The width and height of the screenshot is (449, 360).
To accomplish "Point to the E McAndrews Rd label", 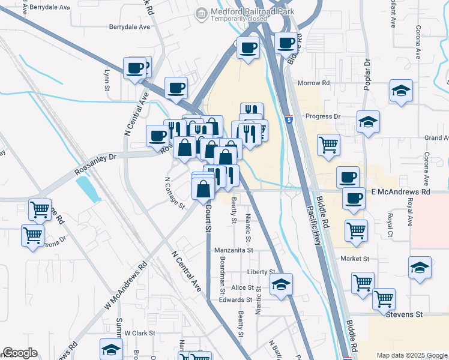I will pos(401,191).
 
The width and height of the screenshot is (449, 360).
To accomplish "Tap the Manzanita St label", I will pos(234,249).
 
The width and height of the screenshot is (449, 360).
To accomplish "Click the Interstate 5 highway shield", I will pos(289,121).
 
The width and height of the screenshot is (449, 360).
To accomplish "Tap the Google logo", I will pos(20,353).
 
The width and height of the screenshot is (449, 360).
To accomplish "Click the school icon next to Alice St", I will pos(280,284).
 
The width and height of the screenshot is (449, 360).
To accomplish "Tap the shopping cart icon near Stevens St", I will pos(383,298).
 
